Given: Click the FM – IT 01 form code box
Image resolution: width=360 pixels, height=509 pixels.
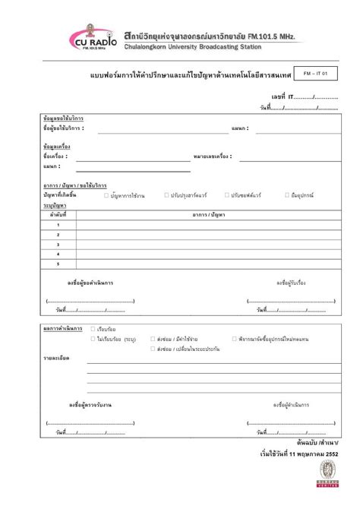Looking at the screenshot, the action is point(314,74).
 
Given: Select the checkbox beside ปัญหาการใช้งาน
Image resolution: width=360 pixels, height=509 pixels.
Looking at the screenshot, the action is point(106,195).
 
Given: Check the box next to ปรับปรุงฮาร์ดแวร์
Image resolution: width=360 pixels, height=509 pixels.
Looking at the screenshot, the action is point(166,195).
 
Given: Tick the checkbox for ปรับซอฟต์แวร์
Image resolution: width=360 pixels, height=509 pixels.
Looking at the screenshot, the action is point(226,195).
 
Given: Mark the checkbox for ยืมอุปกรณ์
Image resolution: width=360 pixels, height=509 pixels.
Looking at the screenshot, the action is point(285,195).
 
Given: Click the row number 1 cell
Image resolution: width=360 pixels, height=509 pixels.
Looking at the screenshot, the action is point(58,225).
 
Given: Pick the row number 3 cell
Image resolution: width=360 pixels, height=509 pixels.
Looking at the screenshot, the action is point(58,245).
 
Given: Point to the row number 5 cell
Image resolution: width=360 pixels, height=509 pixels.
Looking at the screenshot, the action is point(58,264).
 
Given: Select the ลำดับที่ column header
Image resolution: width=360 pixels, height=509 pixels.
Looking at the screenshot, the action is point(58,215).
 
